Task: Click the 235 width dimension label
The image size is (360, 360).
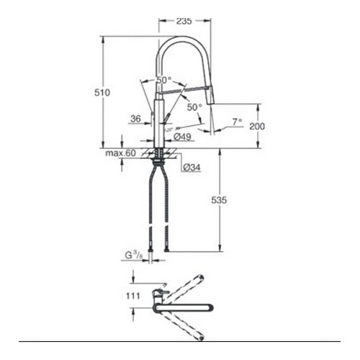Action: (x=184, y=21)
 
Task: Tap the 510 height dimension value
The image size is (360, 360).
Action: (x=102, y=92)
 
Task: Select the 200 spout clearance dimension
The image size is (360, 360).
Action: (x=257, y=126)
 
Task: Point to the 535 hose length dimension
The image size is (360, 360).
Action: (x=219, y=200)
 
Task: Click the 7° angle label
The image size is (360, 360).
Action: (x=237, y=122)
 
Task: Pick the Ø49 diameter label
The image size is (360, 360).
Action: (x=182, y=137)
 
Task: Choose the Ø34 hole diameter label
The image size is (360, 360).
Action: (x=192, y=168)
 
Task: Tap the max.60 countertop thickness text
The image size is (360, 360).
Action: (x=121, y=153)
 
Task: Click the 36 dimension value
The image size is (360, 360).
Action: (x=135, y=119)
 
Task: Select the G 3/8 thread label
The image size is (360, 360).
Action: (x=134, y=256)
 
